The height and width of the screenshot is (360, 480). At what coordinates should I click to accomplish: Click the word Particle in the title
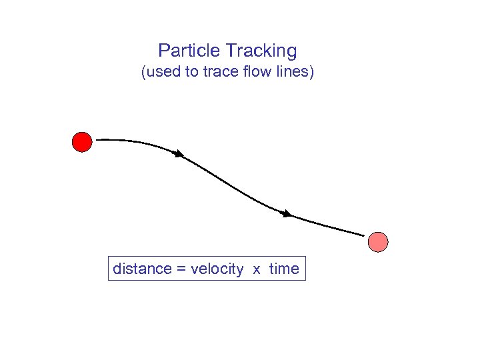pyautogui.click(x=189, y=51)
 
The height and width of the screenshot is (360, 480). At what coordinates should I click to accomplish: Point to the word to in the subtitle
pyautogui.click(x=192, y=72)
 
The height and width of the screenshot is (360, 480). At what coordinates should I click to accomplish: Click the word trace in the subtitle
pyautogui.click(x=218, y=72)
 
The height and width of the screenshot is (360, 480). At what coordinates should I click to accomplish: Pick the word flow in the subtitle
pyautogui.click(x=255, y=72)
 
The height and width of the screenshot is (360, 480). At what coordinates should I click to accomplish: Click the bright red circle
pyautogui.click(x=81, y=142)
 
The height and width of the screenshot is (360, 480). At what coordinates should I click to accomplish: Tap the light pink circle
pyautogui.click(x=378, y=242)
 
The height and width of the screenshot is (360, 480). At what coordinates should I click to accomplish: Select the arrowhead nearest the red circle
pyautogui.click(x=179, y=155)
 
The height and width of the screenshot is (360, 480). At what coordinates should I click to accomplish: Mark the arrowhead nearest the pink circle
pyautogui.click(x=287, y=214)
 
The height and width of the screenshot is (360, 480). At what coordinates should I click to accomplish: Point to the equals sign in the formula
pyautogui.click(x=181, y=270)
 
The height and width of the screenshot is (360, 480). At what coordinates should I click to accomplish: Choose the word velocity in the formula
pyautogui.click(x=217, y=269)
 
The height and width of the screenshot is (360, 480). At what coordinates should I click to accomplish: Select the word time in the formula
pyautogui.click(x=285, y=269)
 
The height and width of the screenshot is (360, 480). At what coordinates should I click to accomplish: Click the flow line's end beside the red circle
pyautogui.click(x=98, y=140)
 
